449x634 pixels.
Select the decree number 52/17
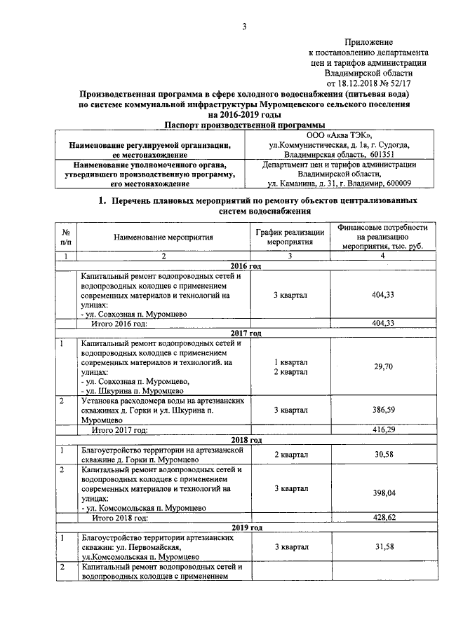[401, 82]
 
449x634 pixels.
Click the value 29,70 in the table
[382, 366]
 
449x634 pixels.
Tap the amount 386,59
[382, 410]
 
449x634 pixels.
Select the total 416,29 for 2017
[382, 429]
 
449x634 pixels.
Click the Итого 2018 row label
[120, 518]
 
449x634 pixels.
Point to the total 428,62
[382, 518]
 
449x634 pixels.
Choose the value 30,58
[382, 455]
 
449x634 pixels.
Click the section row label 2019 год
[246, 528]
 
